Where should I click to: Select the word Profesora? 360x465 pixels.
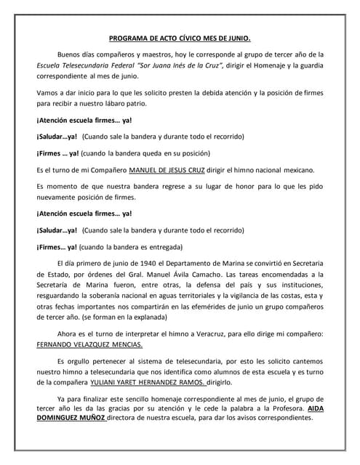(283, 408)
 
